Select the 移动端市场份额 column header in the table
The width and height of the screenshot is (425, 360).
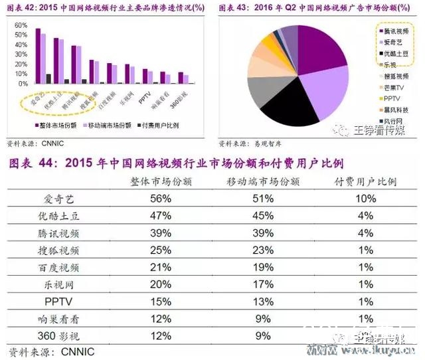[x=260, y=181]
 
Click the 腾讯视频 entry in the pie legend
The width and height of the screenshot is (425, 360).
[x=396, y=31]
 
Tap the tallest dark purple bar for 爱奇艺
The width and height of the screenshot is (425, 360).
[x=38, y=56]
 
